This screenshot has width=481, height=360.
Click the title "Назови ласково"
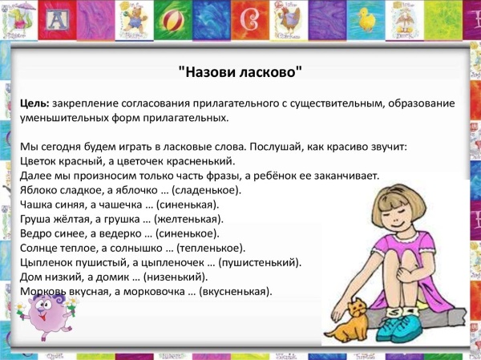[x=240, y=71]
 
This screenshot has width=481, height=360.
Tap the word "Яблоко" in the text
[x=38, y=191]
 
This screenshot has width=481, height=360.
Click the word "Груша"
[x=36, y=219]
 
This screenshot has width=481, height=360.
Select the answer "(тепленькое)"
[x=211, y=248]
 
